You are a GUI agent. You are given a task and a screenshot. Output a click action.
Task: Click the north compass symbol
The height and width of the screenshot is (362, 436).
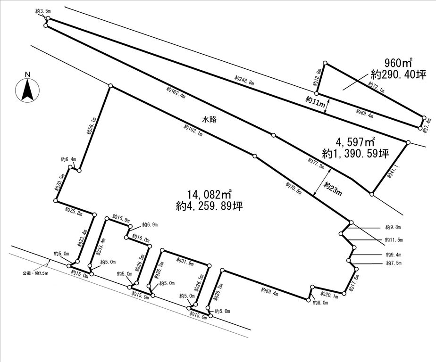click(27, 88)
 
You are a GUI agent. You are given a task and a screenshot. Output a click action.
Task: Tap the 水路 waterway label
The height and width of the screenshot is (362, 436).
click(209, 120)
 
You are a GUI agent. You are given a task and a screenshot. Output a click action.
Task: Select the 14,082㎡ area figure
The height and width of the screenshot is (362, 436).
click(209, 194)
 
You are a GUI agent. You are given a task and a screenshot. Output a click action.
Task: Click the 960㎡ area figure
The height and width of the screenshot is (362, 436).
click(398, 63)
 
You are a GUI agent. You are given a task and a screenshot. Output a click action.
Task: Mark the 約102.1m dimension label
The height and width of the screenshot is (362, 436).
click(193, 131)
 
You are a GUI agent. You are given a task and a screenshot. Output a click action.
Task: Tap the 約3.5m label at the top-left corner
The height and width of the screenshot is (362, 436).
click(43, 10)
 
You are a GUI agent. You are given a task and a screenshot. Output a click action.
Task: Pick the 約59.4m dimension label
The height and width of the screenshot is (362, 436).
click(269, 291)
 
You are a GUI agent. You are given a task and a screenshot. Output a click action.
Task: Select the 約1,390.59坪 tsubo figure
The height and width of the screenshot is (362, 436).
click(355, 154)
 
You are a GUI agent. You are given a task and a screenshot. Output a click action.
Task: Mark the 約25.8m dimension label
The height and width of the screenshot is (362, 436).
click(74, 212)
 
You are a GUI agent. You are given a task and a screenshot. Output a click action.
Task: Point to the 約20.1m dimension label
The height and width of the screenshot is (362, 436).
click(329, 296)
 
